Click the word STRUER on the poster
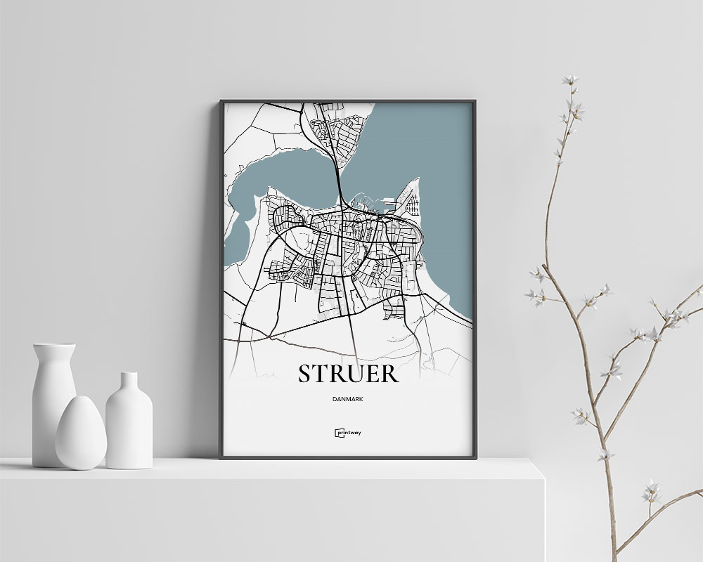point(348,373)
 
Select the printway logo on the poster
point(348,433)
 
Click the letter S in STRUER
point(306,373)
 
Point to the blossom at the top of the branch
point(570,81)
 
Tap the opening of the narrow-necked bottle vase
point(129,374)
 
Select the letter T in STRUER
point(322,373)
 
